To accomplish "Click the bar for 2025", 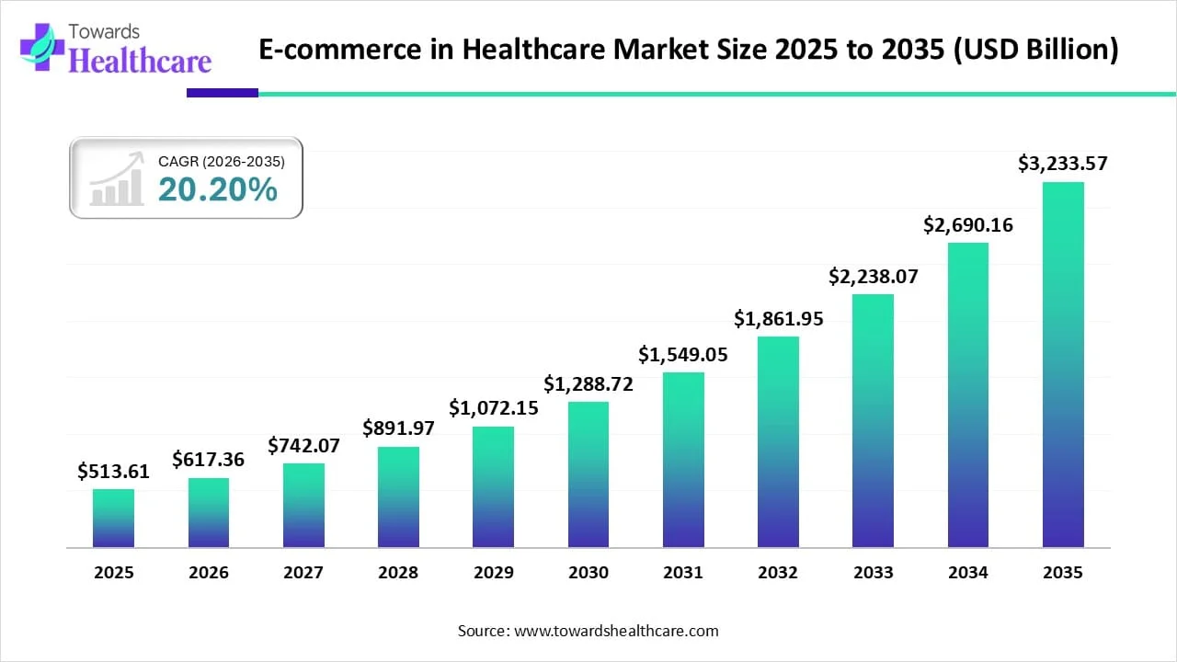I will coord(113,519).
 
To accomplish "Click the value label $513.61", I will coord(113,472).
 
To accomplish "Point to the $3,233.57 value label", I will coord(1063,164).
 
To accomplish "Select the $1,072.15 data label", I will coord(493,407).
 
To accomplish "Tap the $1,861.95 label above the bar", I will coord(778,319).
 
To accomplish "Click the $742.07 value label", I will coord(303,446).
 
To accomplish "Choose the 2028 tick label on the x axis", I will coord(398,573).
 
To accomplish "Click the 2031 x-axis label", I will coord(683,573).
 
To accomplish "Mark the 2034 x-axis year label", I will coord(968,573).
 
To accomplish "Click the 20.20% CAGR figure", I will coord(218,189).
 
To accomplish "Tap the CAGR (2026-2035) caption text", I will coord(222,161).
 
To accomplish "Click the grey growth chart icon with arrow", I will coord(117,179).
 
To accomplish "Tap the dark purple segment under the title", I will coord(223,93).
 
